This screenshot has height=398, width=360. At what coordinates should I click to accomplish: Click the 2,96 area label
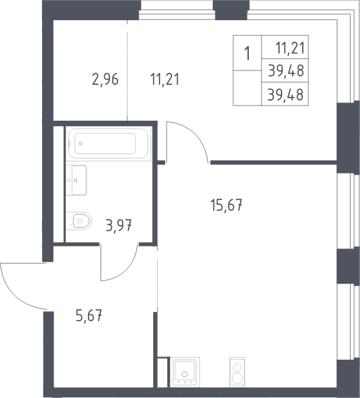pos(105,79)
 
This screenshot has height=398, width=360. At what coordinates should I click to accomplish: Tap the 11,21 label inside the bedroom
pos(165,79)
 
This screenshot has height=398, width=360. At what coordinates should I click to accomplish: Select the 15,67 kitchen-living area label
pos(226,205)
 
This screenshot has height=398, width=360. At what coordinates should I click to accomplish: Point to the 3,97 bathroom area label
pos(119,225)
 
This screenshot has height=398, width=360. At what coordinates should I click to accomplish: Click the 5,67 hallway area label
pos(89,316)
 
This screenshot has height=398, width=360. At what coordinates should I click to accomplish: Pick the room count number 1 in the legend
pos(248,53)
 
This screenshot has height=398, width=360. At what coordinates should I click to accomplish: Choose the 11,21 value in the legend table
pos(290,48)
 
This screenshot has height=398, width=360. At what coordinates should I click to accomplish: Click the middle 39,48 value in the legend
pos(286,70)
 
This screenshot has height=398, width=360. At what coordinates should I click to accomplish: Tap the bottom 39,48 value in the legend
pos(286,94)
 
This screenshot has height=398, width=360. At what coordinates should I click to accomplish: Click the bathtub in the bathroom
pos(108,143)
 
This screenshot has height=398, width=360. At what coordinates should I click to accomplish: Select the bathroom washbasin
pos(77,180)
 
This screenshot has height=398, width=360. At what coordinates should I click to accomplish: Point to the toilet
pos(79,221)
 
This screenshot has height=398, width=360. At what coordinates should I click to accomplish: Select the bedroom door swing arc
pos(197,134)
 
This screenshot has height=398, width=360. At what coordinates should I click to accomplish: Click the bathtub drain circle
pos(80,143)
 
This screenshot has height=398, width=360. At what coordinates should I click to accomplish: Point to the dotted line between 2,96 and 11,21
pos(127,70)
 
